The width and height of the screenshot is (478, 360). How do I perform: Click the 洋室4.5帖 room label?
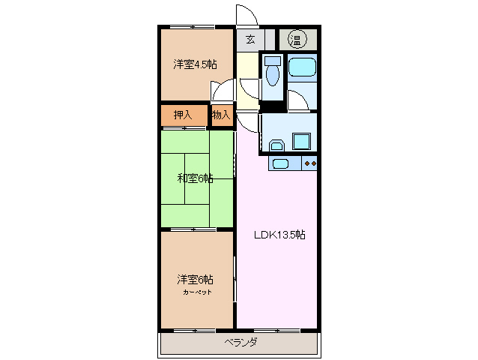tap(196, 64)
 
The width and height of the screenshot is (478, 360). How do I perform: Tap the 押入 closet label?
tap(183, 115)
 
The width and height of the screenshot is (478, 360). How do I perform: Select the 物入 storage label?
tap(221, 115)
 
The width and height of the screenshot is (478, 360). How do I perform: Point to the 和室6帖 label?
tap(195, 178)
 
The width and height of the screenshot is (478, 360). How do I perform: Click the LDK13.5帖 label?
tap(277, 234)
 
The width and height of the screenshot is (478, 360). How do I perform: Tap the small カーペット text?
tap(196, 291)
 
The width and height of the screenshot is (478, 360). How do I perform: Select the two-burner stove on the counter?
tap(310, 163)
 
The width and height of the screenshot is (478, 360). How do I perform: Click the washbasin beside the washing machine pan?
tap(276, 145)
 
